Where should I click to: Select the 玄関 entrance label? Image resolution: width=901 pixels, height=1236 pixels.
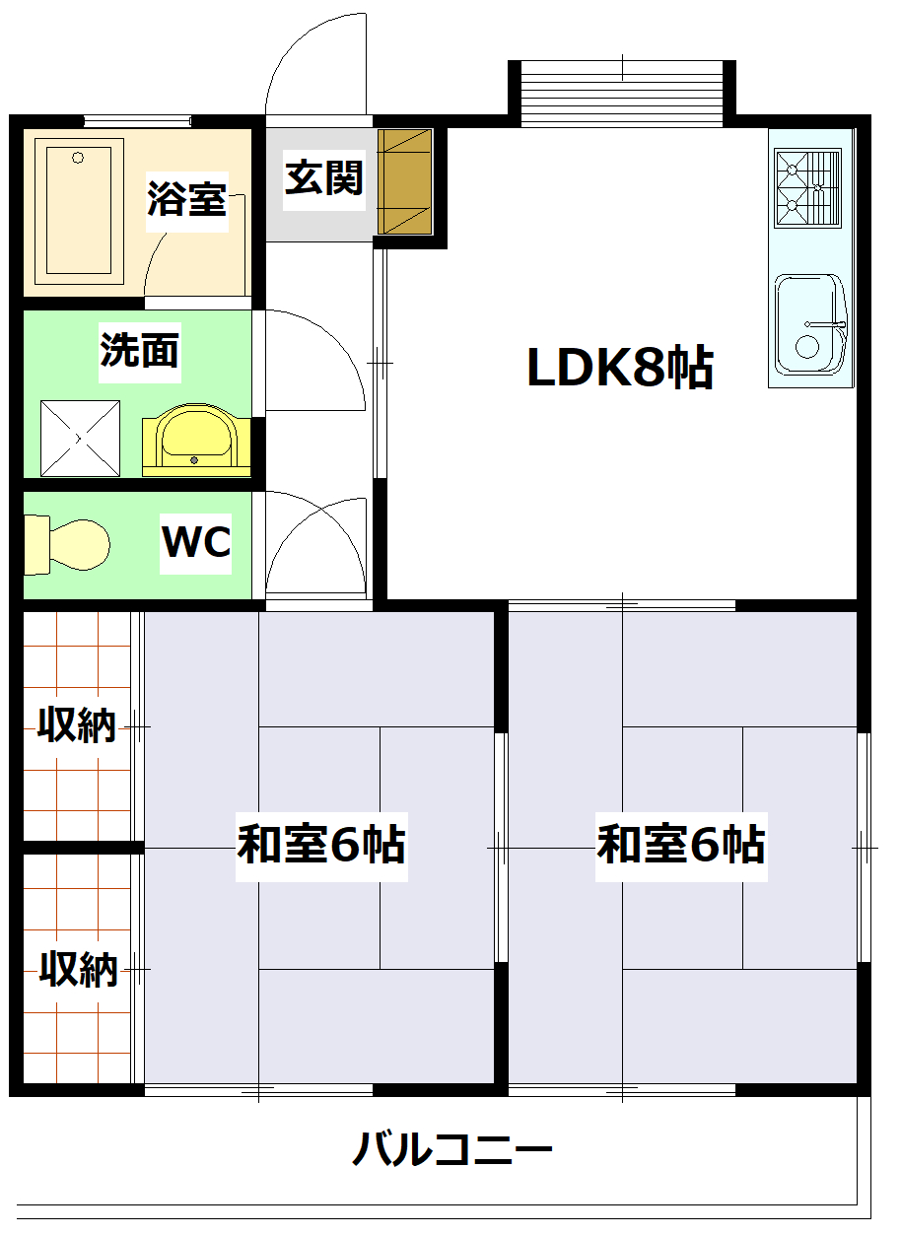pos(324,177)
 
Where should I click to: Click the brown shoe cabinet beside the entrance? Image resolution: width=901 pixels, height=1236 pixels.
pos(405,181)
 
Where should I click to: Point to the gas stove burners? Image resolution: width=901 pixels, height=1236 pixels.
pos(807,185)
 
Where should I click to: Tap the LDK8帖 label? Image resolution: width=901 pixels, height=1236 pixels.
pos(620,368)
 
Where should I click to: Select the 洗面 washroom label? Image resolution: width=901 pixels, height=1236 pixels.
pos(140,350)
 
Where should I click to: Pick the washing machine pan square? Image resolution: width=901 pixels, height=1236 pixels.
pos(80,438)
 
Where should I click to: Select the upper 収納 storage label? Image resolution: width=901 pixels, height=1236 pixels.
pos(77,725)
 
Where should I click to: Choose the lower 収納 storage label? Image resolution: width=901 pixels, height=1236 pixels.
pos(79,970)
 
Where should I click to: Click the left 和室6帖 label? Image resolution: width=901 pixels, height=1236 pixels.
pos(321,845)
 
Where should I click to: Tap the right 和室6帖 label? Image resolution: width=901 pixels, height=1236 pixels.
pos(681,845)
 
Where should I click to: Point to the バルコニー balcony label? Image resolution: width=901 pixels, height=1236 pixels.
pos(451,1149)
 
